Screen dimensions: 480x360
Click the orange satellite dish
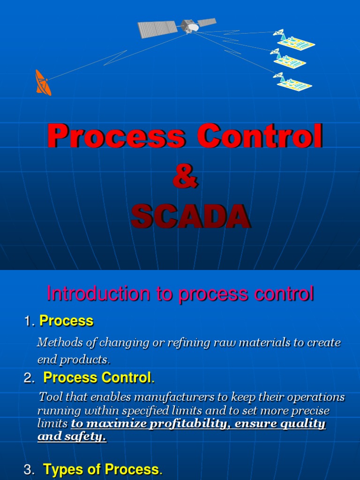(x=42, y=82)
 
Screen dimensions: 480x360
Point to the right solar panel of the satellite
(x=207, y=22)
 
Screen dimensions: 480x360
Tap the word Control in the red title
(x=260, y=136)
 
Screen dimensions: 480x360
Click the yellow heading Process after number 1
(x=67, y=321)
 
